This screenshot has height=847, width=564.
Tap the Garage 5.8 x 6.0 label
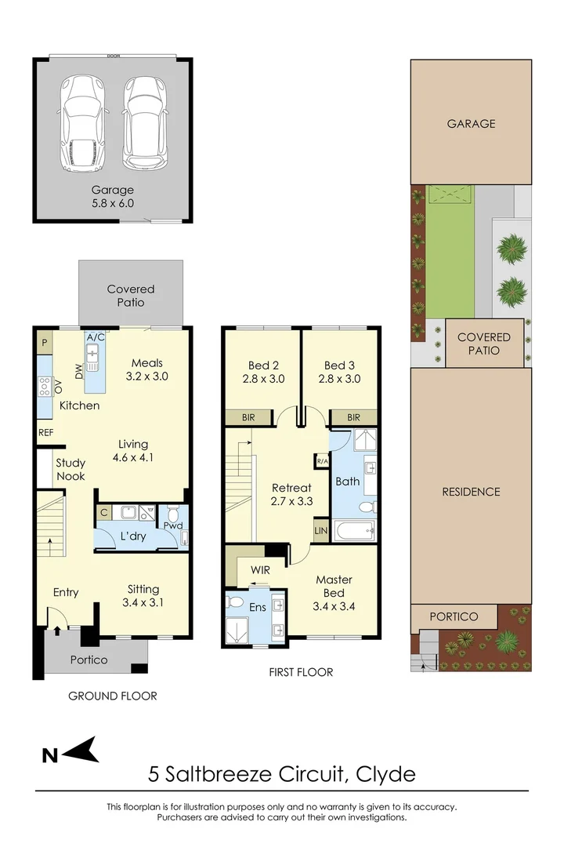point(113,196)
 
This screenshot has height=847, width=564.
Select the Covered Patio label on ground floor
point(131,296)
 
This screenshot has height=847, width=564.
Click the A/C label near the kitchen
point(96,337)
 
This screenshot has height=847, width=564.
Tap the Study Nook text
point(70,469)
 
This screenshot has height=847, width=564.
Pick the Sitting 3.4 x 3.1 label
point(143,595)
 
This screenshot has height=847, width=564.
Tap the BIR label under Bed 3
point(352,418)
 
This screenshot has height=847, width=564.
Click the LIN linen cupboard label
point(321,531)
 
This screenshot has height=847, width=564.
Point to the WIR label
point(261,569)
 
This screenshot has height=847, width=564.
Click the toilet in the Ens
point(233,603)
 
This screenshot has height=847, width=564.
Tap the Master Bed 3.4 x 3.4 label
point(334,592)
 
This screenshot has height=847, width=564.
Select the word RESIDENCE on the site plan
point(471,492)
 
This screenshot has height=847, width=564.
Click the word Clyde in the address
point(385,775)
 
